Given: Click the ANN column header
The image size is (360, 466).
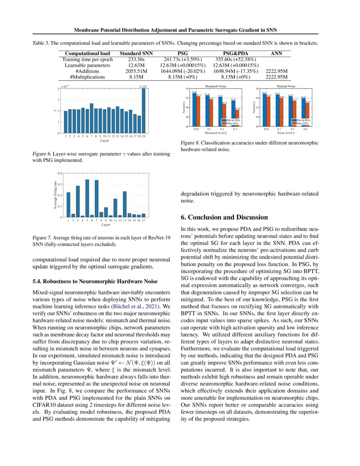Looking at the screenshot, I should pos(277,53).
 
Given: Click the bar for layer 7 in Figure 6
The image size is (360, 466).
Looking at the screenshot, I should pos(91,118).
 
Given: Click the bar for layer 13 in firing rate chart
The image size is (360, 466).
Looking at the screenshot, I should pos(125,204).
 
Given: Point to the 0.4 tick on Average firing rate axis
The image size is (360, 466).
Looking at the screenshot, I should pos(59,173).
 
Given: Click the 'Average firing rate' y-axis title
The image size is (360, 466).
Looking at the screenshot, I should pos(55,195).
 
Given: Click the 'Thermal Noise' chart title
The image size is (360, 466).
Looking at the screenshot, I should pos(285,86).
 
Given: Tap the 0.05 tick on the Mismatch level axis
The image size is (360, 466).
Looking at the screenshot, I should pos(196,129).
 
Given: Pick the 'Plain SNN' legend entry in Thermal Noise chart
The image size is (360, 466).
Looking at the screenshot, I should pos(302,123).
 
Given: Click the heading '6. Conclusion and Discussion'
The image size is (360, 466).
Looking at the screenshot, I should pos(224,217).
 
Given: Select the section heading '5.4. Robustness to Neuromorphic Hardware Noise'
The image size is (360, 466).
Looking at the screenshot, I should pos(95,282).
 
